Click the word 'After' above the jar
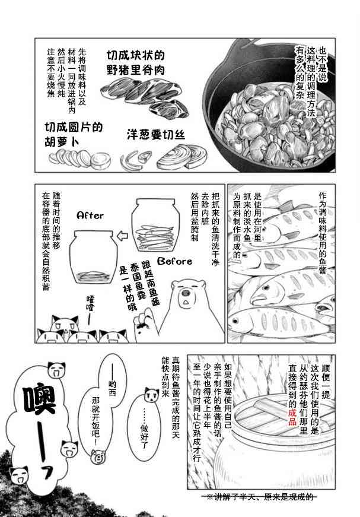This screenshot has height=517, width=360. coord(90,215)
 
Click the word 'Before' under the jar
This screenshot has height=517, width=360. coord(174,261)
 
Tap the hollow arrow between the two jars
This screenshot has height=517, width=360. coord(123,236)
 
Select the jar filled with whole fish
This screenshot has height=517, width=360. coord(155,225)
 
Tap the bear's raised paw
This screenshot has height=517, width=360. coord(145,325)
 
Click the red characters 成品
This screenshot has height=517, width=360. coord(292,417)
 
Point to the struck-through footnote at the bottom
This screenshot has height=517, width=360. coord(259,497)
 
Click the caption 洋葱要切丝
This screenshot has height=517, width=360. coord(156,135)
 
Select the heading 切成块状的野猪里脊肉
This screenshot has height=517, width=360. coord(136,63)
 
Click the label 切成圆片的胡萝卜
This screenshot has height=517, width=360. coord(74,134)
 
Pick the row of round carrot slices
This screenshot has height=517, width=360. coord(79,158)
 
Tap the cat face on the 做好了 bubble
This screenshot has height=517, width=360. coord(151,394)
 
